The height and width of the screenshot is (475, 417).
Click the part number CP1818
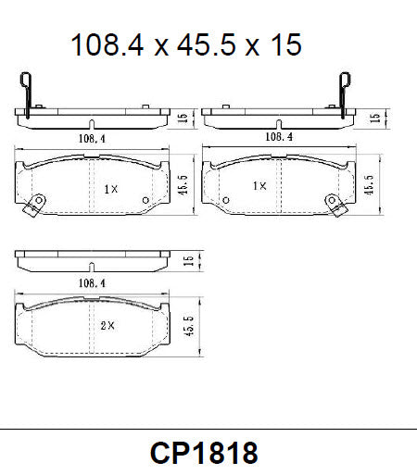203,453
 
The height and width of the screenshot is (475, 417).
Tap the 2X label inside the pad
107,325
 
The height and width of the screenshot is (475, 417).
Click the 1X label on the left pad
110,189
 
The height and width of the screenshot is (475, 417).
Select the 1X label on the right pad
260,186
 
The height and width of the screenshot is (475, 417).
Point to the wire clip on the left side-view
28,94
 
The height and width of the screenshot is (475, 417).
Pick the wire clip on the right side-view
347,93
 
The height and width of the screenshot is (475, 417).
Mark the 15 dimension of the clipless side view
188,262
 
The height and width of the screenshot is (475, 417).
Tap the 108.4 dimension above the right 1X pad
280,136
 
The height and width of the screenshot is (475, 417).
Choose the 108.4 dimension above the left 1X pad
89,140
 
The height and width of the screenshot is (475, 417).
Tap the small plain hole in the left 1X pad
145,200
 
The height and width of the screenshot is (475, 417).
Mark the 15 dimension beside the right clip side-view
373,118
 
